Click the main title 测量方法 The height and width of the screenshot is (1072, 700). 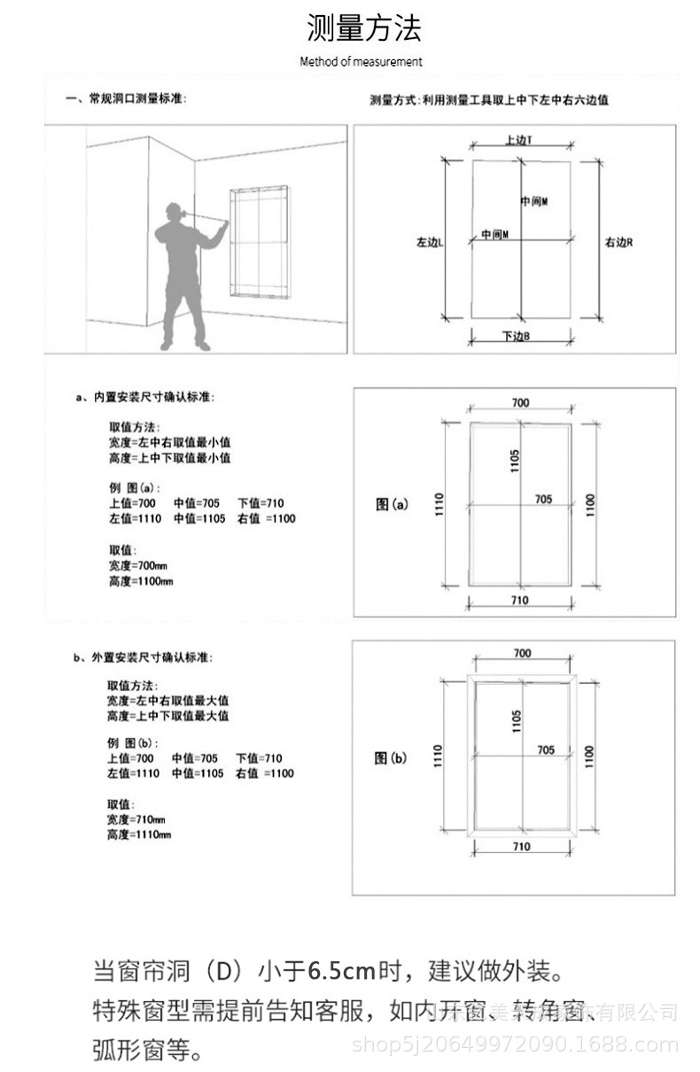pos(363,28)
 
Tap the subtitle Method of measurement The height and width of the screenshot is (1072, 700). pos(361,62)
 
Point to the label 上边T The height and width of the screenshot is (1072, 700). pos(519,140)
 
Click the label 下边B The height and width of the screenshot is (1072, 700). pos(516,337)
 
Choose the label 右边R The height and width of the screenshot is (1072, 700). pos(618,241)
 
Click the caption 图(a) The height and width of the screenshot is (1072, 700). pos(392,505)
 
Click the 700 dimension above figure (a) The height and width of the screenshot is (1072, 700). pos(520,403)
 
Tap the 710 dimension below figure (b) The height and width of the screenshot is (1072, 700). pos(521,846)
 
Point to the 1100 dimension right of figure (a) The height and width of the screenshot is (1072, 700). pos(591,506)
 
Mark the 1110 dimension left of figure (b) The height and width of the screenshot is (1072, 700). pos(437,756)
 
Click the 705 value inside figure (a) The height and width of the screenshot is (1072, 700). pos(543,500)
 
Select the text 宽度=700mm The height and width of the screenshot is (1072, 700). pos(137,565)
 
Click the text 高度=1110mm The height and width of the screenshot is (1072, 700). pos(139,835)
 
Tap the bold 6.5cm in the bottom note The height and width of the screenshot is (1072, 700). pos(342,971)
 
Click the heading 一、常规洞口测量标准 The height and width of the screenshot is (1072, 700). pos(125,100)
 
